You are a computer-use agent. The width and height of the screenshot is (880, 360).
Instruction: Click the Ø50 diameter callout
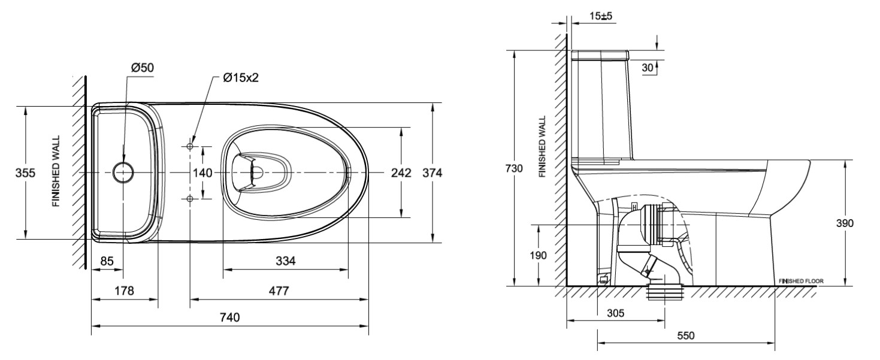point(143,68)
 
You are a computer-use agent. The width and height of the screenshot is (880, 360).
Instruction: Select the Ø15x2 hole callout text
point(240,78)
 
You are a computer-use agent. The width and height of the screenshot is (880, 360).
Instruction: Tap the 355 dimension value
point(25,173)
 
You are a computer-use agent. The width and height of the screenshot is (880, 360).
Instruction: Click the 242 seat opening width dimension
point(401,173)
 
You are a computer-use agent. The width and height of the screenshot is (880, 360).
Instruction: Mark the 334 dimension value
point(286,261)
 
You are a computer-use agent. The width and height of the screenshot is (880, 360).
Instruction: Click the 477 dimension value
point(279,291)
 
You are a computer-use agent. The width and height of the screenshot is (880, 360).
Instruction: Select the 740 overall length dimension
point(230,317)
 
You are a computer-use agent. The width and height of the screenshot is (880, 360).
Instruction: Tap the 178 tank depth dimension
point(124,291)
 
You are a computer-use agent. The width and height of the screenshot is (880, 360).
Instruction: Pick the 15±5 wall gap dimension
point(599,16)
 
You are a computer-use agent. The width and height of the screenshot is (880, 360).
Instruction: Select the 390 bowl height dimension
point(845,223)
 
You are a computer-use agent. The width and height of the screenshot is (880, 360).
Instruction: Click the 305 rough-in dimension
point(615,313)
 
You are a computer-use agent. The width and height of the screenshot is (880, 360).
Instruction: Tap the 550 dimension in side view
point(686,335)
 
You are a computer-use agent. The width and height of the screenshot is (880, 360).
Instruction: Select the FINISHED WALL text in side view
point(542,147)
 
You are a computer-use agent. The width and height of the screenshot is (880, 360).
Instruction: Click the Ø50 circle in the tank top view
point(123,172)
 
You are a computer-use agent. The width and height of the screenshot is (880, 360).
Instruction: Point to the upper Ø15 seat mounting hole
point(190,146)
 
